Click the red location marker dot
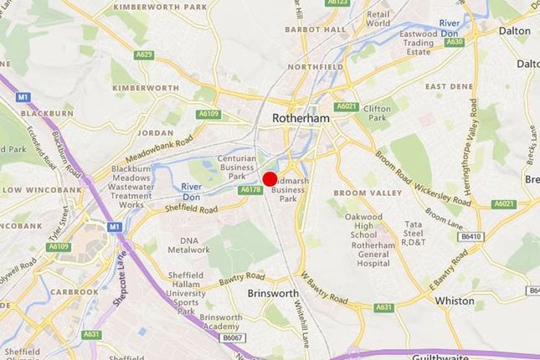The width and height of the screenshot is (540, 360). [x=270, y=178]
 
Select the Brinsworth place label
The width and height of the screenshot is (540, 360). [x=273, y=294]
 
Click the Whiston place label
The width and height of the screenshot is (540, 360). [x=455, y=301]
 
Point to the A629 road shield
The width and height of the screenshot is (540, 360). [x=145, y=55]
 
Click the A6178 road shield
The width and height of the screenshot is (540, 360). [x=250, y=190]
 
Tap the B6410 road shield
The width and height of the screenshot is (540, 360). [x=471, y=237]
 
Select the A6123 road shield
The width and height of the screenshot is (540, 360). [x=337, y=3]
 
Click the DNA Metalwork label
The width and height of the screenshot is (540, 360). [x=188, y=243]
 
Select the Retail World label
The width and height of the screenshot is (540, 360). [x=378, y=18]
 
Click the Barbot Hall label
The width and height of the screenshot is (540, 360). [x=315, y=28]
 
